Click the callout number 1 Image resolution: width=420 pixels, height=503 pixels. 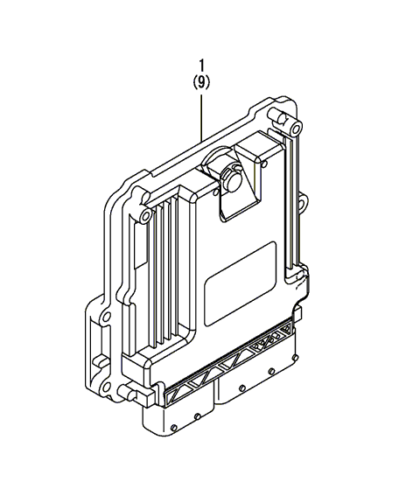(201, 66)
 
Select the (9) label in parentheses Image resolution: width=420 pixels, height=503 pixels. (201, 82)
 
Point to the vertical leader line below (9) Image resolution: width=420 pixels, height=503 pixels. (201, 117)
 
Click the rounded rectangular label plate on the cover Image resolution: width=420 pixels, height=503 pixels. (241, 283)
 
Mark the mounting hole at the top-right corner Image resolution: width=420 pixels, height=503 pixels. (297, 129)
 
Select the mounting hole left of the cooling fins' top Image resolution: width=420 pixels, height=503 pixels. (145, 215)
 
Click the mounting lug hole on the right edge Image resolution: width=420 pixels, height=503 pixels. (303, 204)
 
